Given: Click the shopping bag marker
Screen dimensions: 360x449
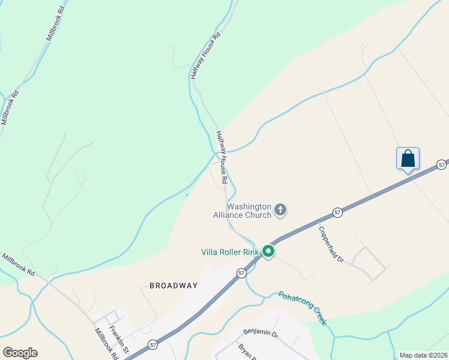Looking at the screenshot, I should coord(408,159).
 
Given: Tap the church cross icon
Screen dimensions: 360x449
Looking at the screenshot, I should coord(280,209).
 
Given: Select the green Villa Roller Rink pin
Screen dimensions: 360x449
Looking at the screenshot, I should coord(269,252).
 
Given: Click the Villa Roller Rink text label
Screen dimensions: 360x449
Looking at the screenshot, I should coord(230,252).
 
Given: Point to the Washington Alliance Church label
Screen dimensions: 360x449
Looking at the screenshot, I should coord(242,209).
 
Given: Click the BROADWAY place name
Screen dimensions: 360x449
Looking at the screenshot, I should coord(173,286).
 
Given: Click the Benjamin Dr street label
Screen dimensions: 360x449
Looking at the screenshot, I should coord(261,332).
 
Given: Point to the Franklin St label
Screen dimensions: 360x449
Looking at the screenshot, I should coord(119,340).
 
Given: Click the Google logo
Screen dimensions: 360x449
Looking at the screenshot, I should coord(20,353).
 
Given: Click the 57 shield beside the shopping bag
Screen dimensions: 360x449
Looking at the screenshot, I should coord(442,164).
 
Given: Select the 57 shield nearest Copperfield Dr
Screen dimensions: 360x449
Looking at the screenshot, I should coord(337,213).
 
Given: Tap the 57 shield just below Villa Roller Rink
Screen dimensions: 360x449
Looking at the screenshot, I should coord(241,273).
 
